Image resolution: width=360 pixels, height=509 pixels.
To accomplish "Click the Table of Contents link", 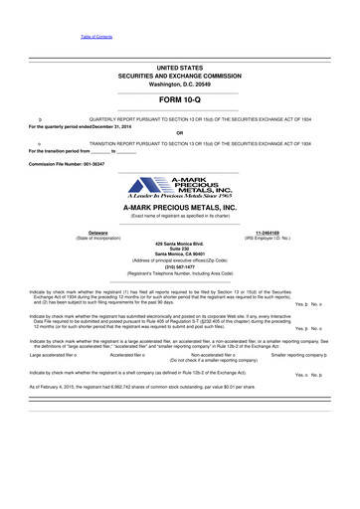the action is tap(96, 36).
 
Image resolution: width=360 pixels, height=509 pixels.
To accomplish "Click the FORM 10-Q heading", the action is tap(180, 101).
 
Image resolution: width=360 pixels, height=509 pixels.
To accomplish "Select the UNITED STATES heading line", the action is tap(180, 66).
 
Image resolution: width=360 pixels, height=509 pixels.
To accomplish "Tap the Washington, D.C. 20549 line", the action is tap(180, 84).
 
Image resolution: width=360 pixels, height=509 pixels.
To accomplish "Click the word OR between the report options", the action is tap(179, 134).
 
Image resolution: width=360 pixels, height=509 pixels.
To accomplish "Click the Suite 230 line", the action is tap(180, 250).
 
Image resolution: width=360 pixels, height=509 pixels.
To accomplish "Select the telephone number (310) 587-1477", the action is tap(180, 266).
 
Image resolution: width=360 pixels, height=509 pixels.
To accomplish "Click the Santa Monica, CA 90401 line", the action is tap(180, 255).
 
